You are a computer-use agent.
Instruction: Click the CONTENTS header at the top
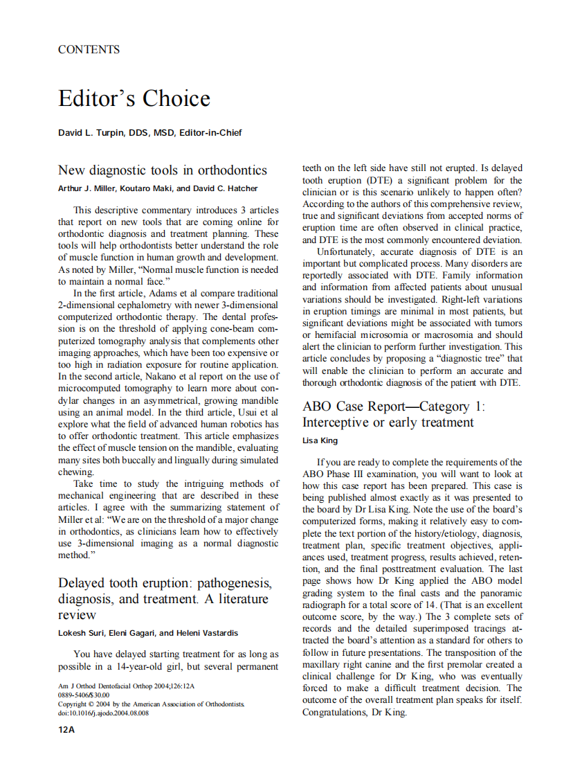tap(89, 50)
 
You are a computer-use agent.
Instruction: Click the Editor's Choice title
tap(134, 98)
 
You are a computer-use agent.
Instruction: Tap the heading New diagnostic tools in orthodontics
tap(162, 170)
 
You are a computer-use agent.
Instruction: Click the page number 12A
tap(66, 731)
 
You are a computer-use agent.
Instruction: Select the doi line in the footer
tap(103, 713)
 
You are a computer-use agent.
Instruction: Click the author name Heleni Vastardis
tap(210, 633)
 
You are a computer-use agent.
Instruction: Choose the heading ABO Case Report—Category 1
tap(394, 407)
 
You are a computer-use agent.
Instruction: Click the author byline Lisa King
tap(320, 440)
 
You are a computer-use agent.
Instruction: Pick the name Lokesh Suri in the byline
tap(81, 633)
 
